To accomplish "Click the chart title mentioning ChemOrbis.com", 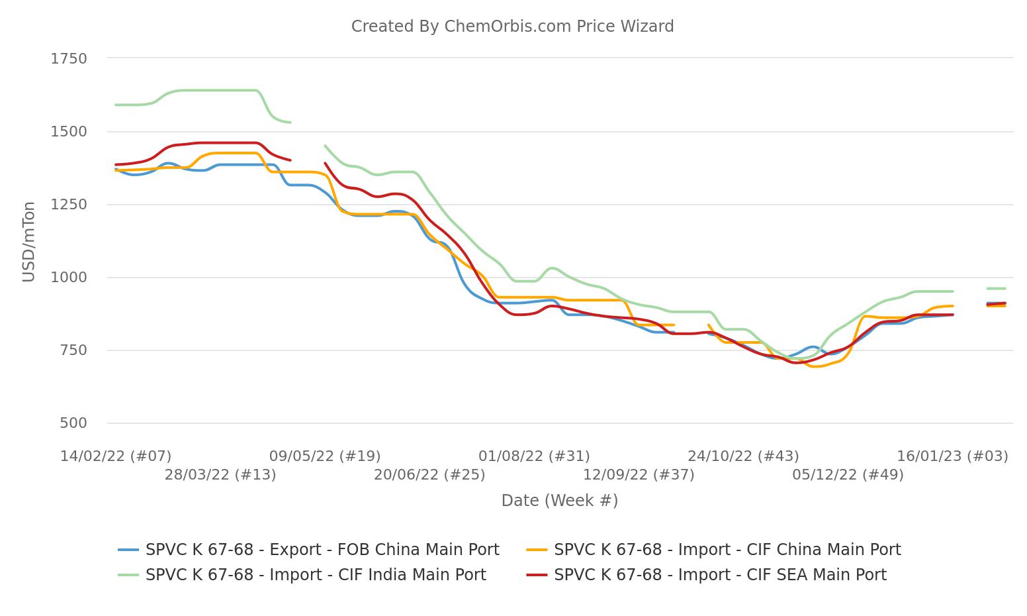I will [x=512, y=26].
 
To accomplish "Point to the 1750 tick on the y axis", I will [x=69, y=59].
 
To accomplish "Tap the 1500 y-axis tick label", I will [x=69, y=132].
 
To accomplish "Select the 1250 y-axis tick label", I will [x=69, y=205].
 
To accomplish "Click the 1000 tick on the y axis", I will [x=69, y=278].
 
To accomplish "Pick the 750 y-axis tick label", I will [x=73, y=350].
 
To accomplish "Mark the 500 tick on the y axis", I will [x=73, y=423].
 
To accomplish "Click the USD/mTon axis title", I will [x=28, y=242].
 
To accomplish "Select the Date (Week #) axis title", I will [x=559, y=501].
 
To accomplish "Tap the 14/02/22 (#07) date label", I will [x=116, y=456].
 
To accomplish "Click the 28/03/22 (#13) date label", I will [x=220, y=475].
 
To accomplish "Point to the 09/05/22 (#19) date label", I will [x=325, y=456].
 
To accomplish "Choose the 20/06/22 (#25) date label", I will [x=429, y=475].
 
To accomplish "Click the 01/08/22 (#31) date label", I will [x=534, y=456].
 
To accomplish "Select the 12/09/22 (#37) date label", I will [x=639, y=475].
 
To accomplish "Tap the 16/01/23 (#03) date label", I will [x=952, y=456].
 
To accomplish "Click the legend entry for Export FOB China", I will [x=322, y=550].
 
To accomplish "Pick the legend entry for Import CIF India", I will [x=315, y=575].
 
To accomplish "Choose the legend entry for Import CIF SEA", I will [x=719, y=575].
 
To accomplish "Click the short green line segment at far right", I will [x=997, y=289].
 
